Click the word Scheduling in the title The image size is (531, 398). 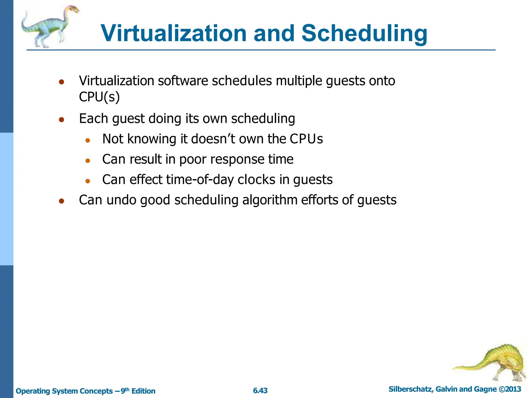click(x=364, y=34)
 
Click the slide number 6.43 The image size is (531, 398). click(x=260, y=391)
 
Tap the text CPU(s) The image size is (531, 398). click(x=99, y=97)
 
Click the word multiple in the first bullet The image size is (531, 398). click(x=299, y=81)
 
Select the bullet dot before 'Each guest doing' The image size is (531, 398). click(x=61, y=119)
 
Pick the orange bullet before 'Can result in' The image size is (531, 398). click(x=88, y=161)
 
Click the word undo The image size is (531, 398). click(x=121, y=200)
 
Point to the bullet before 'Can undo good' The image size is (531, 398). click(x=61, y=201)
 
